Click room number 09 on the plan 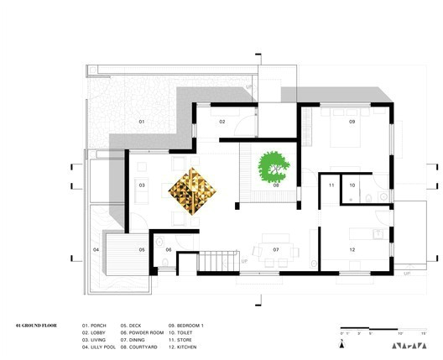tap(352, 123)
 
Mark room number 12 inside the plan tap(352, 250)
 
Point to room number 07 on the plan tap(275, 250)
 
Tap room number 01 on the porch tap(142, 123)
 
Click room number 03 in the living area tap(142, 185)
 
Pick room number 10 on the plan tap(352, 185)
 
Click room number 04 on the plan tap(96, 250)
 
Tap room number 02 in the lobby tap(223, 123)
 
